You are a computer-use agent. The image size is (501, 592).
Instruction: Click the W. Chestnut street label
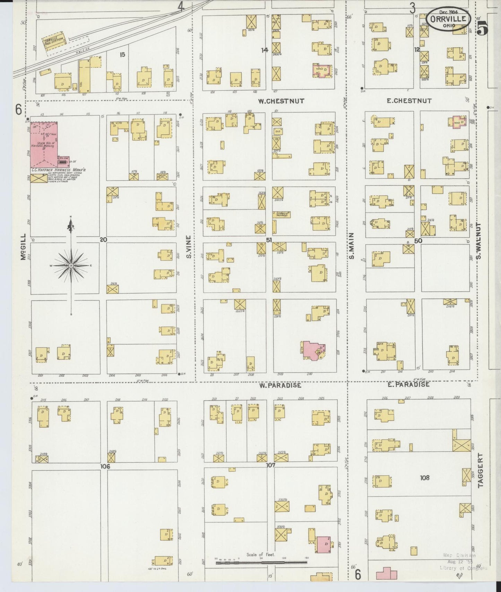281,101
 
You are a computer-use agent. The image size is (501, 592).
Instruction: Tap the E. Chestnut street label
409,101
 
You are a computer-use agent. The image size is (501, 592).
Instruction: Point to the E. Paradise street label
408,384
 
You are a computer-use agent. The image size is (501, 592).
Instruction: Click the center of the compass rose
71,265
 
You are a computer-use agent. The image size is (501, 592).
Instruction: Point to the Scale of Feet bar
261,563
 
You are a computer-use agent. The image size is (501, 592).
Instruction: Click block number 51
269,240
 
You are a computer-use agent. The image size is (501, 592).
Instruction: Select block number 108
424,478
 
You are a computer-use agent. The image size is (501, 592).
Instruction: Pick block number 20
103,240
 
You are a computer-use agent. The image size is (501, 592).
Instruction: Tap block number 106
105,466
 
